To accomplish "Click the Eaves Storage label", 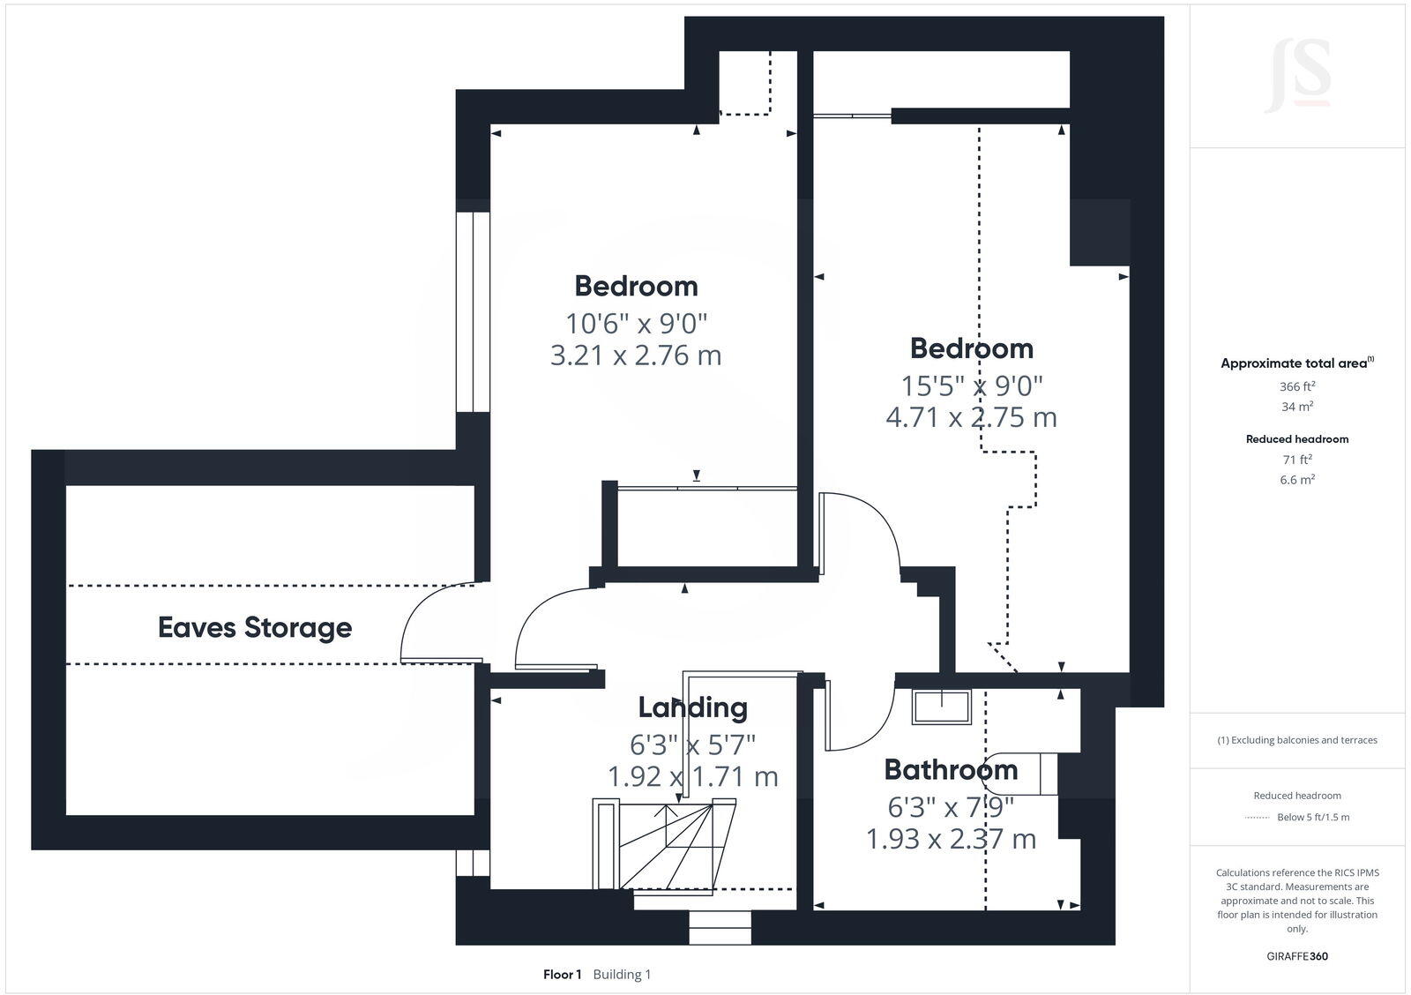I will click(x=255, y=627).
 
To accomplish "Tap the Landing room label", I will click(x=692, y=707).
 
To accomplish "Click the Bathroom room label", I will click(x=951, y=769).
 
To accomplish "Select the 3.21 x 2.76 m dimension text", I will click(x=635, y=355).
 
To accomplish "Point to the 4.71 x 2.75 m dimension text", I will click(x=971, y=416).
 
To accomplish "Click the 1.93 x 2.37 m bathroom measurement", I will click(x=951, y=838).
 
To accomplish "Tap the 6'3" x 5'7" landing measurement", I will click(x=692, y=744).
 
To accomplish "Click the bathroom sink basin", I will click(x=941, y=707).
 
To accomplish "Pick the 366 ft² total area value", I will click(x=1297, y=386).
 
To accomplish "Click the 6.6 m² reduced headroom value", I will click(x=1297, y=480).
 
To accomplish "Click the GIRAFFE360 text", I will click(x=1297, y=956).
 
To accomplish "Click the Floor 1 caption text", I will click(x=562, y=975).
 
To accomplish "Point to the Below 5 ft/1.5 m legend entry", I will click(x=1312, y=817).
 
